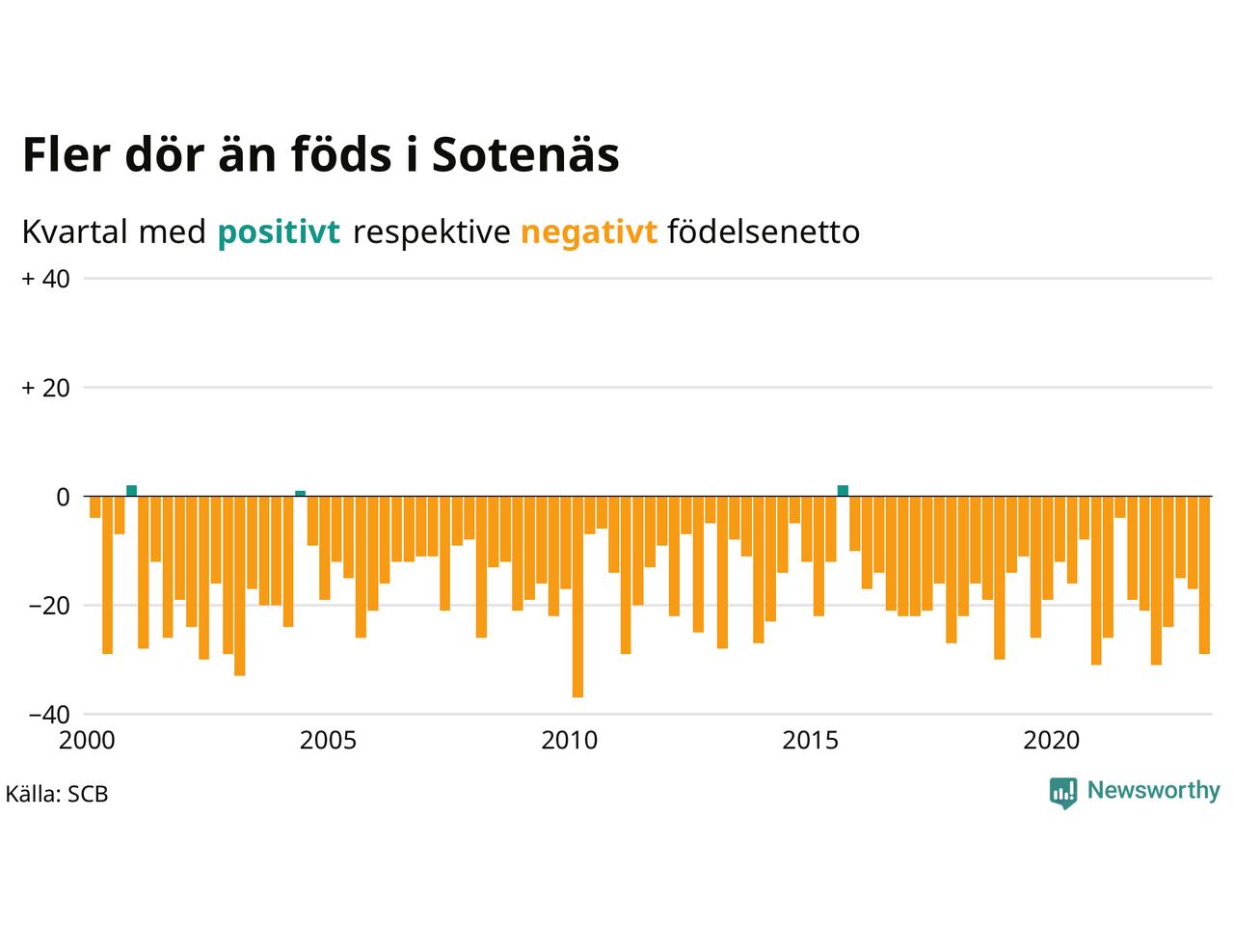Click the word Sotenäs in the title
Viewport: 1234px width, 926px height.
coord(524,155)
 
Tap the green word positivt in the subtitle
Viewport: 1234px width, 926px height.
coord(279,232)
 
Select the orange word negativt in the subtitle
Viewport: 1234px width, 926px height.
coord(588,232)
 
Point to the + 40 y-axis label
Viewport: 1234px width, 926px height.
coord(45,279)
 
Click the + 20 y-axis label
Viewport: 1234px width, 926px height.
coord(45,388)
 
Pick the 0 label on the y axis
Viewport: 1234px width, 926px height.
coord(63,497)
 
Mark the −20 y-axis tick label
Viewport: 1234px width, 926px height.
coord(48,606)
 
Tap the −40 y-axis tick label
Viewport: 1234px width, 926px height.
coord(48,715)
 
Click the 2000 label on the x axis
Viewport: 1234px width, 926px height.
coord(87,741)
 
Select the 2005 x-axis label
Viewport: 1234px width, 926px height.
coord(328,741)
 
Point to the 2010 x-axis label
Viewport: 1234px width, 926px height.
coord(569,741)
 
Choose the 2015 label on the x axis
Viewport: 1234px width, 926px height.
coord(811,741)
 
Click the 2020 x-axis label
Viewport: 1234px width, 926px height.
coord(1052,741)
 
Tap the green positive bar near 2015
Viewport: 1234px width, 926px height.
coord(843,491)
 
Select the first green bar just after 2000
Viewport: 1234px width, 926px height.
coord(131,491)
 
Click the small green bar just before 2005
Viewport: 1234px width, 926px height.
coord(300,494)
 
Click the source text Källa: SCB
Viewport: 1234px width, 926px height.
coord(57,795)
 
